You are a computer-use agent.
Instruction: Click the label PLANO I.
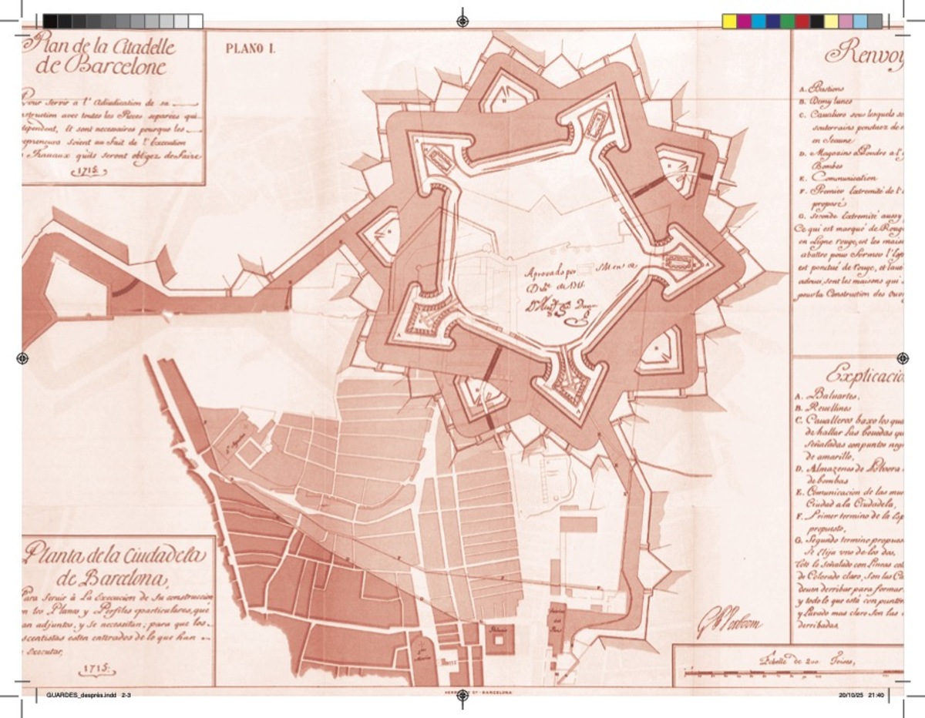[x=250, y=49]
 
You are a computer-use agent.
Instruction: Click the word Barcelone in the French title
[x=116, y=67]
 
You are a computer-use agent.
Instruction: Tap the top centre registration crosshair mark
[x=462, y=20]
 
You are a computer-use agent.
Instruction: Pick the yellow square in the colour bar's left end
[x=729, y=21]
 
